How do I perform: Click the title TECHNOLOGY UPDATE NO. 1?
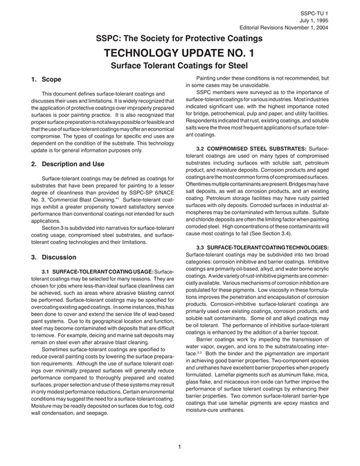pos(179,53)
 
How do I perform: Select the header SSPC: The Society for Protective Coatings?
pos(179,39)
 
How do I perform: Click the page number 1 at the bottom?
pos(179,447)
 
